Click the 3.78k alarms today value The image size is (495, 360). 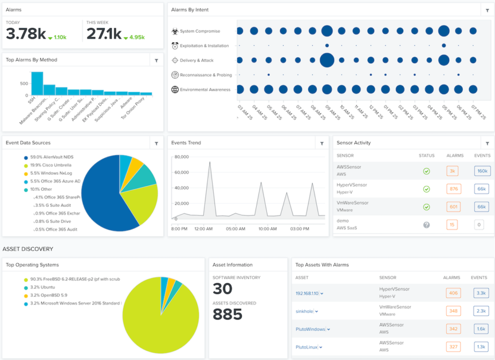click(x=26, y=34)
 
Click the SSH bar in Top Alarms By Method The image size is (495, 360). click(x=37, y=84)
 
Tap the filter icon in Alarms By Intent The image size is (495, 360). click(x=487, y=10)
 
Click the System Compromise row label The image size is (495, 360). click(x=199, y=31)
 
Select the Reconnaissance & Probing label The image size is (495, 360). click(x=205, y=75)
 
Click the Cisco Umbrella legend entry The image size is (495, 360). click(x=52, y=165)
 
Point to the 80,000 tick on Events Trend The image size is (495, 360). click(x=181, y=157)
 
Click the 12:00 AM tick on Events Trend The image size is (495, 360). click(x=203, y=228)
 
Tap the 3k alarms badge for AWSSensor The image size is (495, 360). click(x=452, y=171)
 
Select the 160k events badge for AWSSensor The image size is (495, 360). click(x=482, y=171)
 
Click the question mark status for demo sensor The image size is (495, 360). click(x=426, y=225)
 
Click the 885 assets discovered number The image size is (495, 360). click(x=227, y=315)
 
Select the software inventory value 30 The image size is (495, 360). click(x=222, y=289)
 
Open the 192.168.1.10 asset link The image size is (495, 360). click(x=307, y=293)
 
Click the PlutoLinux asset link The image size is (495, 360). click(x=307, y=347)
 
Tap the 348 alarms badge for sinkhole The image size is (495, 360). click(x=454, y=311)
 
